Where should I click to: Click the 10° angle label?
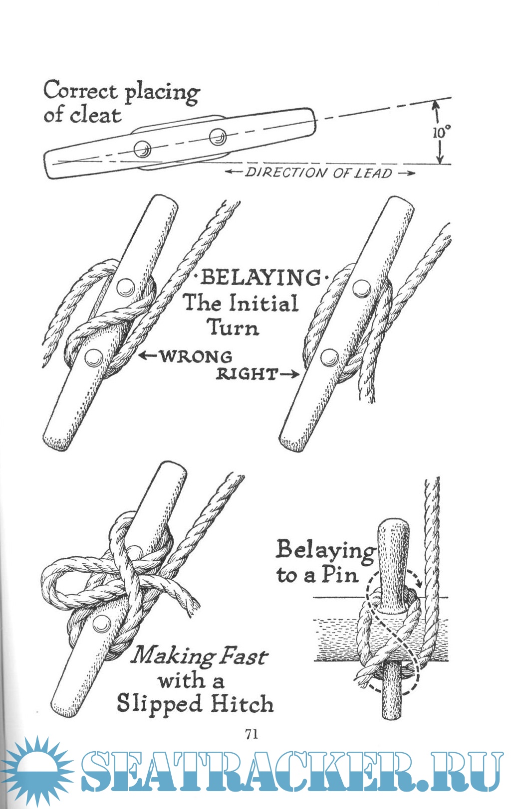coord(441,132)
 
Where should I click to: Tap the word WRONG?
coord(196,356)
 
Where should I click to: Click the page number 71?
coord(252,733)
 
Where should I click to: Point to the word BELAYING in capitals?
coord(260,277)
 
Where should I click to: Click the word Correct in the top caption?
coord(80,91)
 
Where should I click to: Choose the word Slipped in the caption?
coord(159,704)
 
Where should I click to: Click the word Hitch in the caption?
coord(242,704)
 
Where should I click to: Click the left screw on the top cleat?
coord(142,149)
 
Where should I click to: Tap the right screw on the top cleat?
coord(217,136)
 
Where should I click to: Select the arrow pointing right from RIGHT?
coord(289,374)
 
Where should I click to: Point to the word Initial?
coord(265,303)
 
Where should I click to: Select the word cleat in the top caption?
coord(96,115)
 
